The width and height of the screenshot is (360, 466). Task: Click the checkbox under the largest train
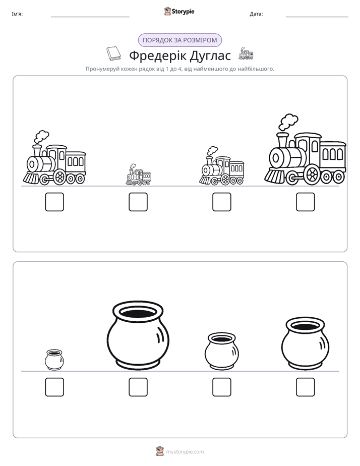coord(305,202)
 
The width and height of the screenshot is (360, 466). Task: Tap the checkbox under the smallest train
coord(138,202)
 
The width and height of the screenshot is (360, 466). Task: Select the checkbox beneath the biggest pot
coord(138,387)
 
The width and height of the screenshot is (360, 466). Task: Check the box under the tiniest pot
coord(54,387)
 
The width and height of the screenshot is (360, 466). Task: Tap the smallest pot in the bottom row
coord(54,360)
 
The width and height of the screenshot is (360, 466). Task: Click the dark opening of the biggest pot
coord(138,312)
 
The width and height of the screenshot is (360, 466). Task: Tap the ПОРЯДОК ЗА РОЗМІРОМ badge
coord(179,40)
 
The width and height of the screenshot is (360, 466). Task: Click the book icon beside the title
coord(113,54)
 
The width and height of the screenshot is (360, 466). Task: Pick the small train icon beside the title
coord(246,53)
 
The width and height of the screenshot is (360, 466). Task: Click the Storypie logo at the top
coord(179,11)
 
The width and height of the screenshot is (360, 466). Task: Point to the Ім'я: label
coord(17,14)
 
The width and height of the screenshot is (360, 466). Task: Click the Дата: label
coord(256,14)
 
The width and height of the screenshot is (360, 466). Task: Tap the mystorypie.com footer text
coord(185,452)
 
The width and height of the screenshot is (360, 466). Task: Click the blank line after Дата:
coord(317,17)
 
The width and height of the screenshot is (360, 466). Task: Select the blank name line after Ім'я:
coord(90,17)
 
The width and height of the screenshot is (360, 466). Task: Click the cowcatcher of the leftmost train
coord(31,178)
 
